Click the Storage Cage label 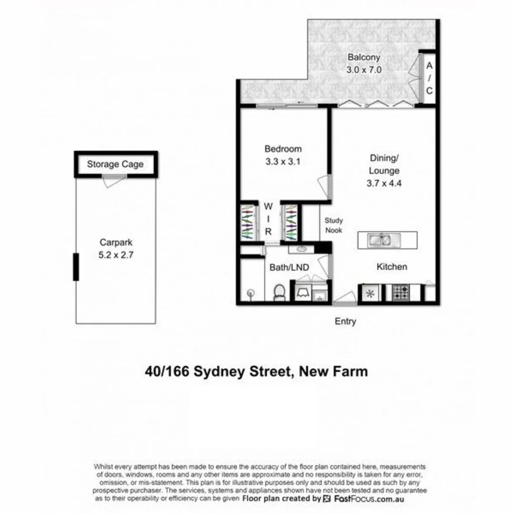(115, 165)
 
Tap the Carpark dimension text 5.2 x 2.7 (115, 255)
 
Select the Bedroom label (283, 149)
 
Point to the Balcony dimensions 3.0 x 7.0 (364, 69)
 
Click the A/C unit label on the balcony (429, 78)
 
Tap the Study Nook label (334, 225)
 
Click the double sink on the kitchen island (379, 239)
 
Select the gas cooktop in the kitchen (401, 293)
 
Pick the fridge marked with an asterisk (370, 293)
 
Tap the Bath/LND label (290, 267)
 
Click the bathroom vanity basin (303, 248)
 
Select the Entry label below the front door (345, 322)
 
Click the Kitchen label (392, 267)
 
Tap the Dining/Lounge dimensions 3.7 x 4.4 (385, 183)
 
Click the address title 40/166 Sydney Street (257, 371)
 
